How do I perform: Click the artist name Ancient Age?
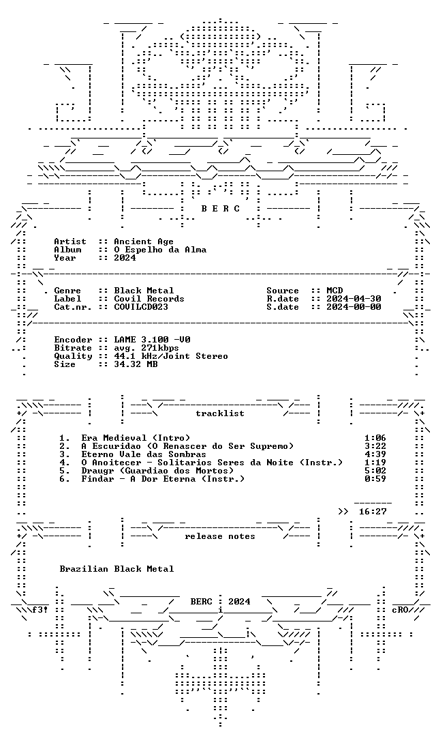(x=144, y=242)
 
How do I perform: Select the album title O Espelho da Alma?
(x=160, y=250)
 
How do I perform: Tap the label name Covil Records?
(x=149, y=299)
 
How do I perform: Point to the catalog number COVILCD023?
(x=141, y=307)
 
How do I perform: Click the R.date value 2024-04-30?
(x=354, y=299)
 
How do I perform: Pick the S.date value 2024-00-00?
(x=354, y=307)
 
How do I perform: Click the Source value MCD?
(x=334, y=291)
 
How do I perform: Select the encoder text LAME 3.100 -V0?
(x=153, y=340)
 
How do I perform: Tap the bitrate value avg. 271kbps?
(x=146, y=348)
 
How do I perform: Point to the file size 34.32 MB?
(x=136, y=364)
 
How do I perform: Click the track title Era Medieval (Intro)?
(x=136, y=437)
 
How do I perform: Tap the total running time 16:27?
(x=373, y=512)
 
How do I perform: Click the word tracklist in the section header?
(x=220, y=413)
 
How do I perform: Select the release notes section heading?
(x=220, y=536)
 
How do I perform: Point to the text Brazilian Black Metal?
(x=116, y=569)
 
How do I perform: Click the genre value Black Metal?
(x=144, y=291)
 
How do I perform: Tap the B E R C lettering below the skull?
(x=220, y=209)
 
